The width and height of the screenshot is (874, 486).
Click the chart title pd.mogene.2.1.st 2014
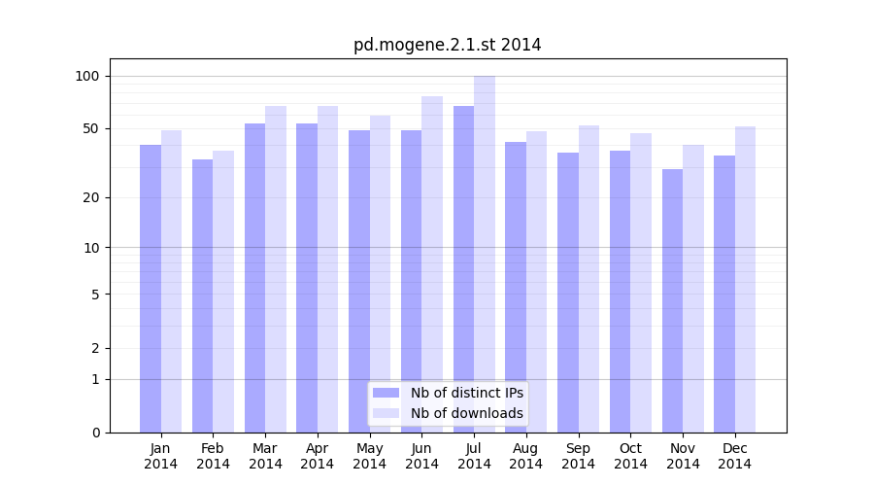(x=447, y=45)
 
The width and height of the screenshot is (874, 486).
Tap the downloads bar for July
(x=485, y=254)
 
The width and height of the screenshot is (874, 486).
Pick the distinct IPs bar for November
(x=672, y=300)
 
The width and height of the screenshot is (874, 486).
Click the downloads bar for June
(x=432, y=263)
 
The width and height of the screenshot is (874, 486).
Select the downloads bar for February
(x=223, y=291)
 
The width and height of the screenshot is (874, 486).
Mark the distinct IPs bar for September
(x=568, y=292)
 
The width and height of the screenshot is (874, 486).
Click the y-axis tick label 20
(x=91, y=197)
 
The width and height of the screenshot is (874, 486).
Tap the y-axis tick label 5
(x=95, y=294)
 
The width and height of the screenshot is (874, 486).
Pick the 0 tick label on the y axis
(x=95, y=433)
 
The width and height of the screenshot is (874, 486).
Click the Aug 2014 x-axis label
(x=526, y=456)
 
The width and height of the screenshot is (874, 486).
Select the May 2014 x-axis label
(x=370, y=456)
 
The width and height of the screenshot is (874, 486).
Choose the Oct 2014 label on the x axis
(x=631, y=456)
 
